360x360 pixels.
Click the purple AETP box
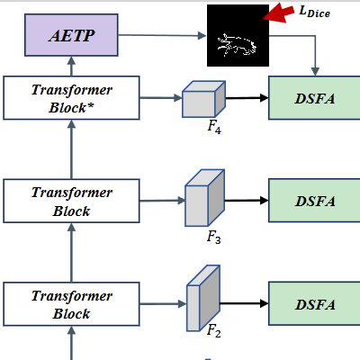coord(71,35)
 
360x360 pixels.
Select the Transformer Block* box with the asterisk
coord(71,98)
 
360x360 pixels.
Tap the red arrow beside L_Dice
coord(278,13)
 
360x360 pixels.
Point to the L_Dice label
coord(314,12)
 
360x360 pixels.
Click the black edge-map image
coord(238,35)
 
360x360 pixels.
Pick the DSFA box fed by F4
coord(314,98)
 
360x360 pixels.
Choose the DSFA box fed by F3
coord(314,201)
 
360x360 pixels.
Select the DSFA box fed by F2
coord(314,303)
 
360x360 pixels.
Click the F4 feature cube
coord(203,99)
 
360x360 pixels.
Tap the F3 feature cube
coord(204,198)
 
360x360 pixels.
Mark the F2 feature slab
coord(203,298)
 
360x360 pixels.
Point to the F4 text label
coord(214,127)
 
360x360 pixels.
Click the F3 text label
coord(213,238)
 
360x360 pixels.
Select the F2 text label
coord(213,331)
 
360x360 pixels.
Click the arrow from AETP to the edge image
coord(162,35)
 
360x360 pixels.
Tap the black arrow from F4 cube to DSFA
coord(247,98)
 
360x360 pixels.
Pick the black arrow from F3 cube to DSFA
coord(247,201)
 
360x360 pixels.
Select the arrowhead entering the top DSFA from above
coord(315,71)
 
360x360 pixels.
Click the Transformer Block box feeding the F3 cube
coord(71,201)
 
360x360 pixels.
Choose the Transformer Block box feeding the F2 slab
coord(71,304)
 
